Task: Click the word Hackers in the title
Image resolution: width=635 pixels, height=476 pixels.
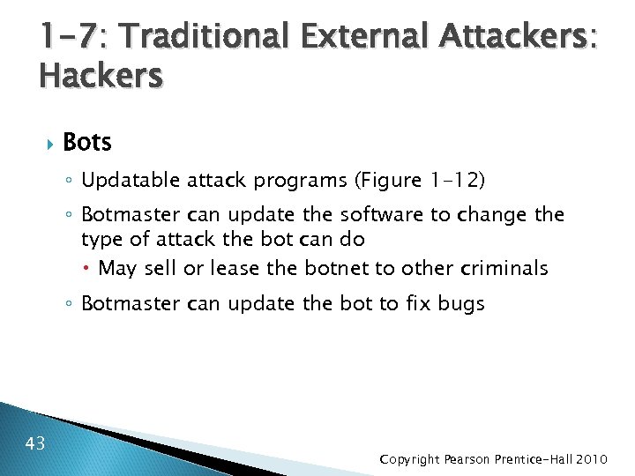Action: coord(101,76)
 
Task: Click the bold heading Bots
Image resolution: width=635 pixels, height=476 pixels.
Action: coord(87,142)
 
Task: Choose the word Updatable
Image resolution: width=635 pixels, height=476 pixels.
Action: coord(131,181)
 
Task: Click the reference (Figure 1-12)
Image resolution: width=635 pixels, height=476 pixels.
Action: coord(420,181)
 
